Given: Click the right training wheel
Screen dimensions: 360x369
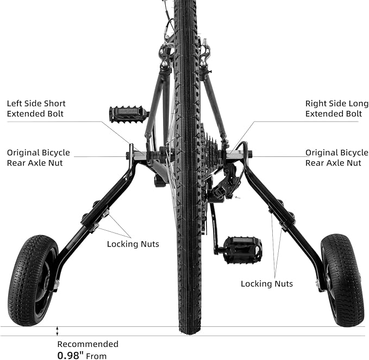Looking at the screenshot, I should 342,280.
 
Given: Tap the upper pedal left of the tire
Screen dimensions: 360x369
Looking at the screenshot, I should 128,114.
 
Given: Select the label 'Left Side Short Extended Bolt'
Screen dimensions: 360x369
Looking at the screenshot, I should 36,109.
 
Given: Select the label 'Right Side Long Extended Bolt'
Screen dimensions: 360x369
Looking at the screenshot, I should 333,109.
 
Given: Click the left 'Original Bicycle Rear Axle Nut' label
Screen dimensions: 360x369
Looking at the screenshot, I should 38,157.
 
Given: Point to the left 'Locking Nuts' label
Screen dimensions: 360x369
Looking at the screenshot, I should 133,244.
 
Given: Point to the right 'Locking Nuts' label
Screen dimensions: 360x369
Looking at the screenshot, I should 266,283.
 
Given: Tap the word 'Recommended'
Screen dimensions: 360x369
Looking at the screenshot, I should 87,344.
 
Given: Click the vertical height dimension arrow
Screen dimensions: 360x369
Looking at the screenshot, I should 57,331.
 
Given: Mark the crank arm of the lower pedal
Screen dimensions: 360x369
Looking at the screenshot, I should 214,228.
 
